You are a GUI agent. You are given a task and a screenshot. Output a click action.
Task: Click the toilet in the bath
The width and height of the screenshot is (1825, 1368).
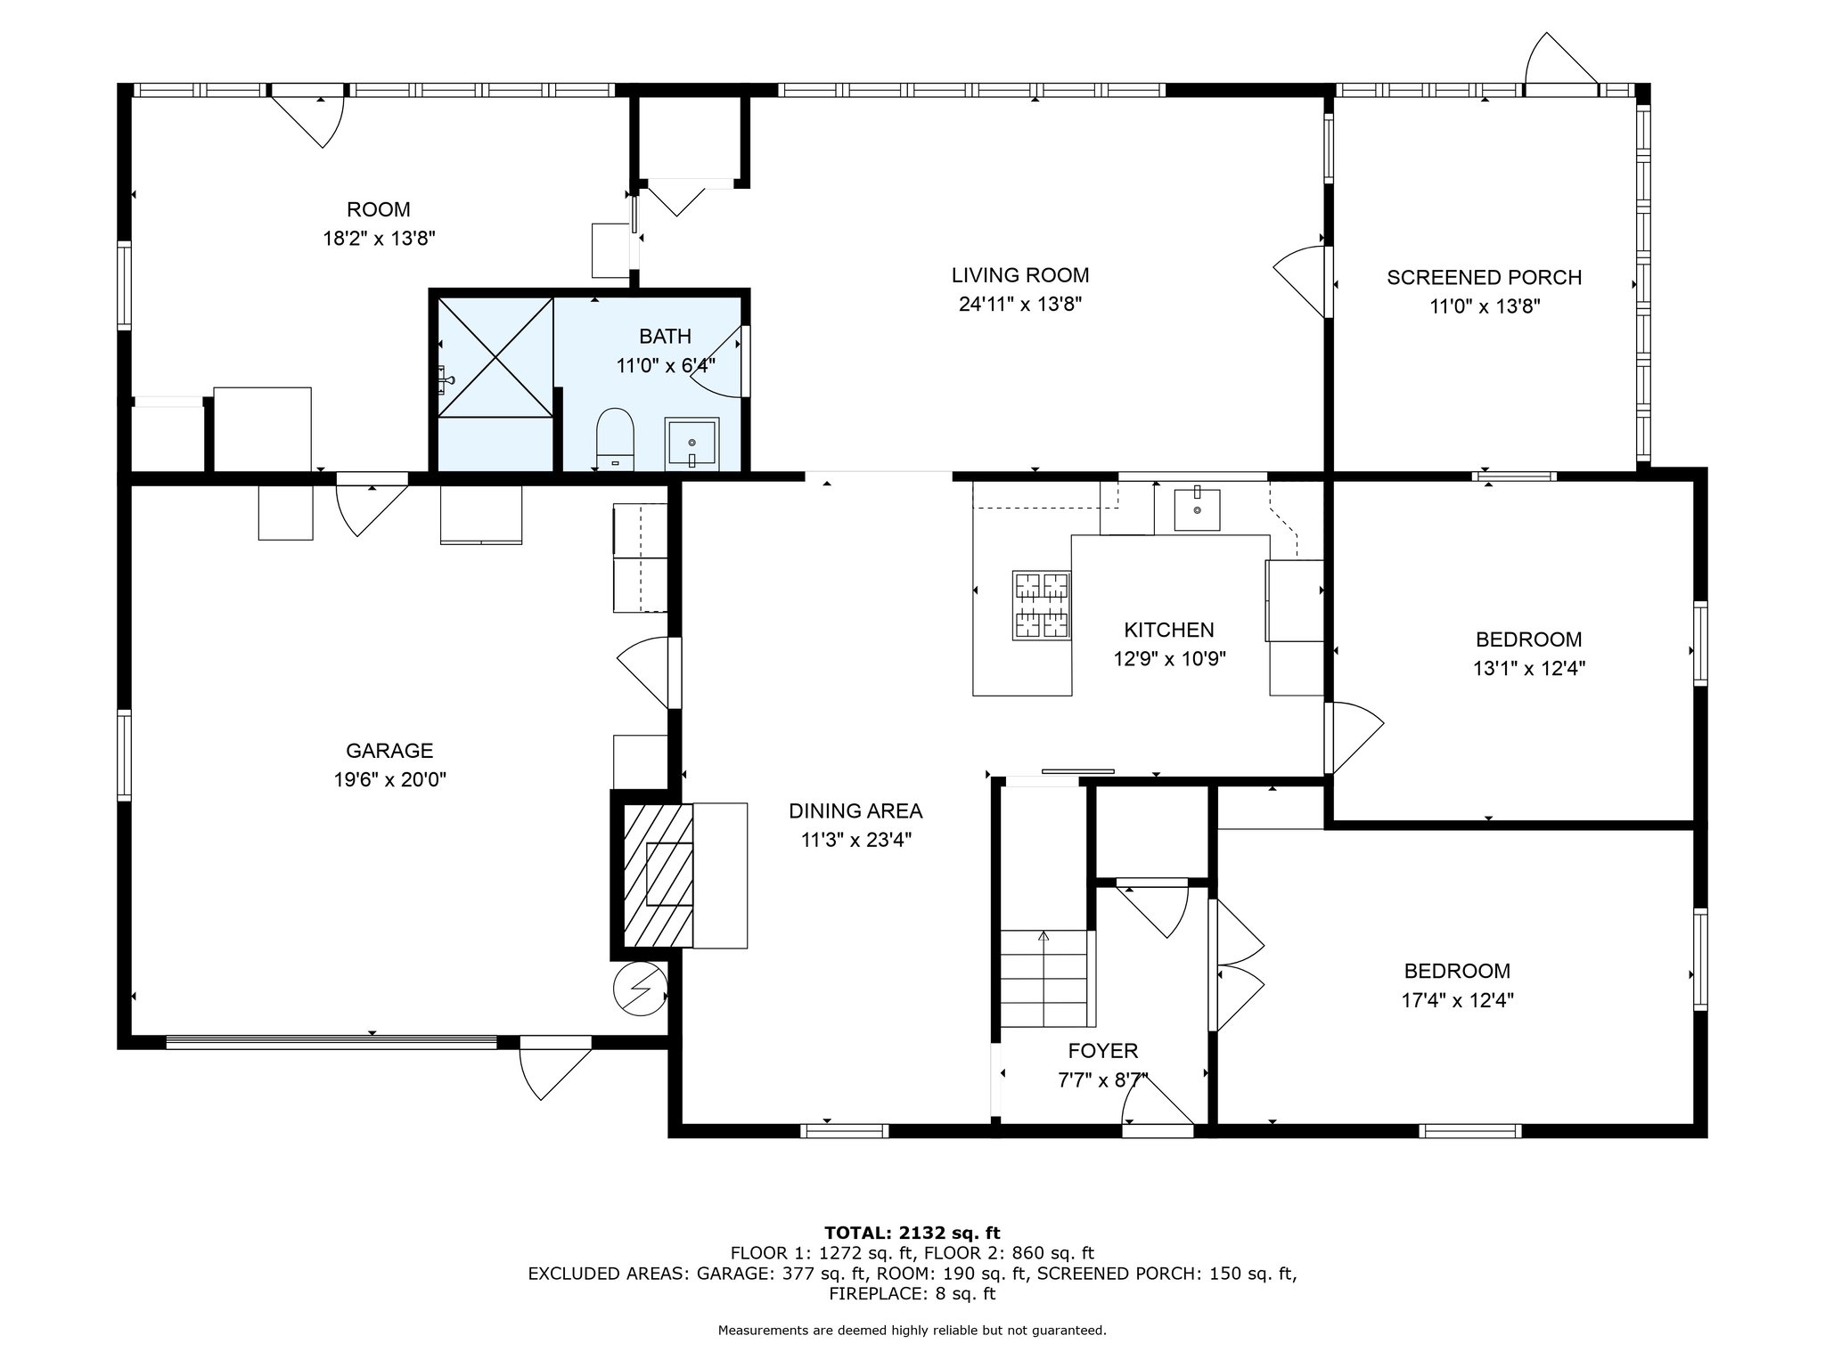pos(614,439)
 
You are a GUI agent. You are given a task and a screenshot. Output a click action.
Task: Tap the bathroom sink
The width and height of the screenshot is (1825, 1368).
pos(692,444)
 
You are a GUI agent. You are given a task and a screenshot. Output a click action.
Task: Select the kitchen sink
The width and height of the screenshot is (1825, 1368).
pos(1197,508)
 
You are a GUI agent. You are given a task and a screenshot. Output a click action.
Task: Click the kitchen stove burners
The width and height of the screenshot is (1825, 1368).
pos(1041,606)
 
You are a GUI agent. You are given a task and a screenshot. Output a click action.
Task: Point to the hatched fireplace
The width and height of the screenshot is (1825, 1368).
pos(658,875)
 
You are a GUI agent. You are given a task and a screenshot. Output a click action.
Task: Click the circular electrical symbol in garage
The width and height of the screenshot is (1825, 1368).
pos(640,989)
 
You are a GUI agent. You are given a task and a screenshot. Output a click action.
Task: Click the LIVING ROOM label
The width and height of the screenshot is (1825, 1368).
pos(1020,275)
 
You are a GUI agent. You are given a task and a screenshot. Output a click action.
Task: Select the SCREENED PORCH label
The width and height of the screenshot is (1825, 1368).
pos(1485,277)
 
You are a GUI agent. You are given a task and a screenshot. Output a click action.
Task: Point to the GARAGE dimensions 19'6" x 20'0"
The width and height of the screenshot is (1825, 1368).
pos(390,780)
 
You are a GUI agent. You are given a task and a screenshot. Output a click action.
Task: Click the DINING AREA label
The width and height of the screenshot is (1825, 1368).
pos(855,810)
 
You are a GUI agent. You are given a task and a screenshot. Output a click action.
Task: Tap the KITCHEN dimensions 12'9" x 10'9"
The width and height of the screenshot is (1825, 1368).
pos(1170,659)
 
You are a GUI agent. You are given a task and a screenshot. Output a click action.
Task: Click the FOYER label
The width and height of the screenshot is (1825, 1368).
pos(1103,1052)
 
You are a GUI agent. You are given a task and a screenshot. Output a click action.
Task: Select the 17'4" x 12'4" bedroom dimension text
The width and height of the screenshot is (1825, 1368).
pos(1458,1000)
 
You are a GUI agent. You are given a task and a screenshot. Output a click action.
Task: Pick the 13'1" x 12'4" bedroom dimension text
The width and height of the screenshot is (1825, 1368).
pos(1529,668)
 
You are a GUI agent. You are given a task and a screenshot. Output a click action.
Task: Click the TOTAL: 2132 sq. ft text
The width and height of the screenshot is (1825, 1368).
pos(912,1233)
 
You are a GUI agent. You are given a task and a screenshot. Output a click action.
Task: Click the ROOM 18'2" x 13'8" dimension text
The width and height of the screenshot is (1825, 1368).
pos(379,239)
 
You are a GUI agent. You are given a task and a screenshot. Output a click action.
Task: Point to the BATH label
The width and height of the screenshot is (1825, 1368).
pos(666,336)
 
